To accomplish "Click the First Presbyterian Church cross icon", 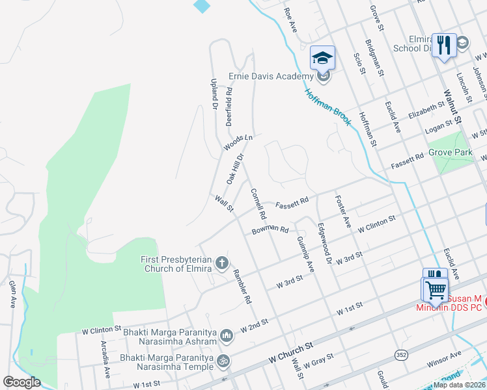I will coord(221,263).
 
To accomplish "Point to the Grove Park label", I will coord(451,153).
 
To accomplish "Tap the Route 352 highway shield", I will coord(400,354).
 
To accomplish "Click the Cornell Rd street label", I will coord(258,204).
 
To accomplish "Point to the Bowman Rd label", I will coord(270,229).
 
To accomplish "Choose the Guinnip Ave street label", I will coord(305,254).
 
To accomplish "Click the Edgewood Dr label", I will coord(324,243).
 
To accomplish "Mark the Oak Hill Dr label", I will coord(234,168).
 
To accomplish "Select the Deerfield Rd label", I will coord(229,107).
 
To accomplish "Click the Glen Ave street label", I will coord(12,294).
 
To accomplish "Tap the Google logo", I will coord(21,382).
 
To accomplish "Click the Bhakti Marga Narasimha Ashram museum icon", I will coord(226,335).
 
